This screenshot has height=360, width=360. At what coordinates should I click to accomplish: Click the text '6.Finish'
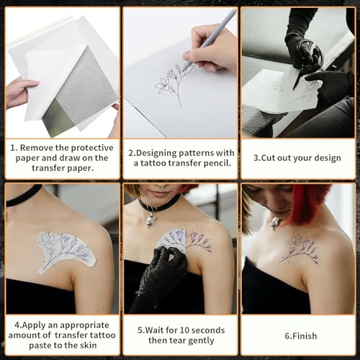point(300,336)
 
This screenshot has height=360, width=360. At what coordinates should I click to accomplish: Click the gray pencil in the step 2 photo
point(209,40)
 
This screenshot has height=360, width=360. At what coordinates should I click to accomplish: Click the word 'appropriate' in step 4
point(84,325)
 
